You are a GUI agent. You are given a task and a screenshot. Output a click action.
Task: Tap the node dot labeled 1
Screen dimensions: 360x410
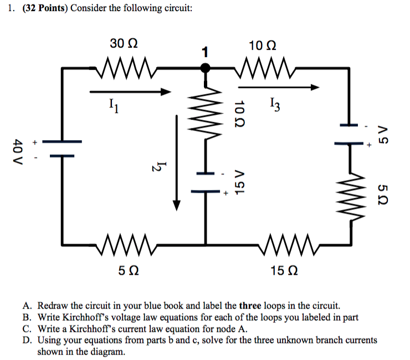pos(206,68)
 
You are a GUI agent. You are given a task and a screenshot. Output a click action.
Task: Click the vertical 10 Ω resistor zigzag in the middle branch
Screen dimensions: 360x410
pos(206,117)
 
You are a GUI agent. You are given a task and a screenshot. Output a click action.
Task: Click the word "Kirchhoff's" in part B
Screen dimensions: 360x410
pos(85,317)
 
